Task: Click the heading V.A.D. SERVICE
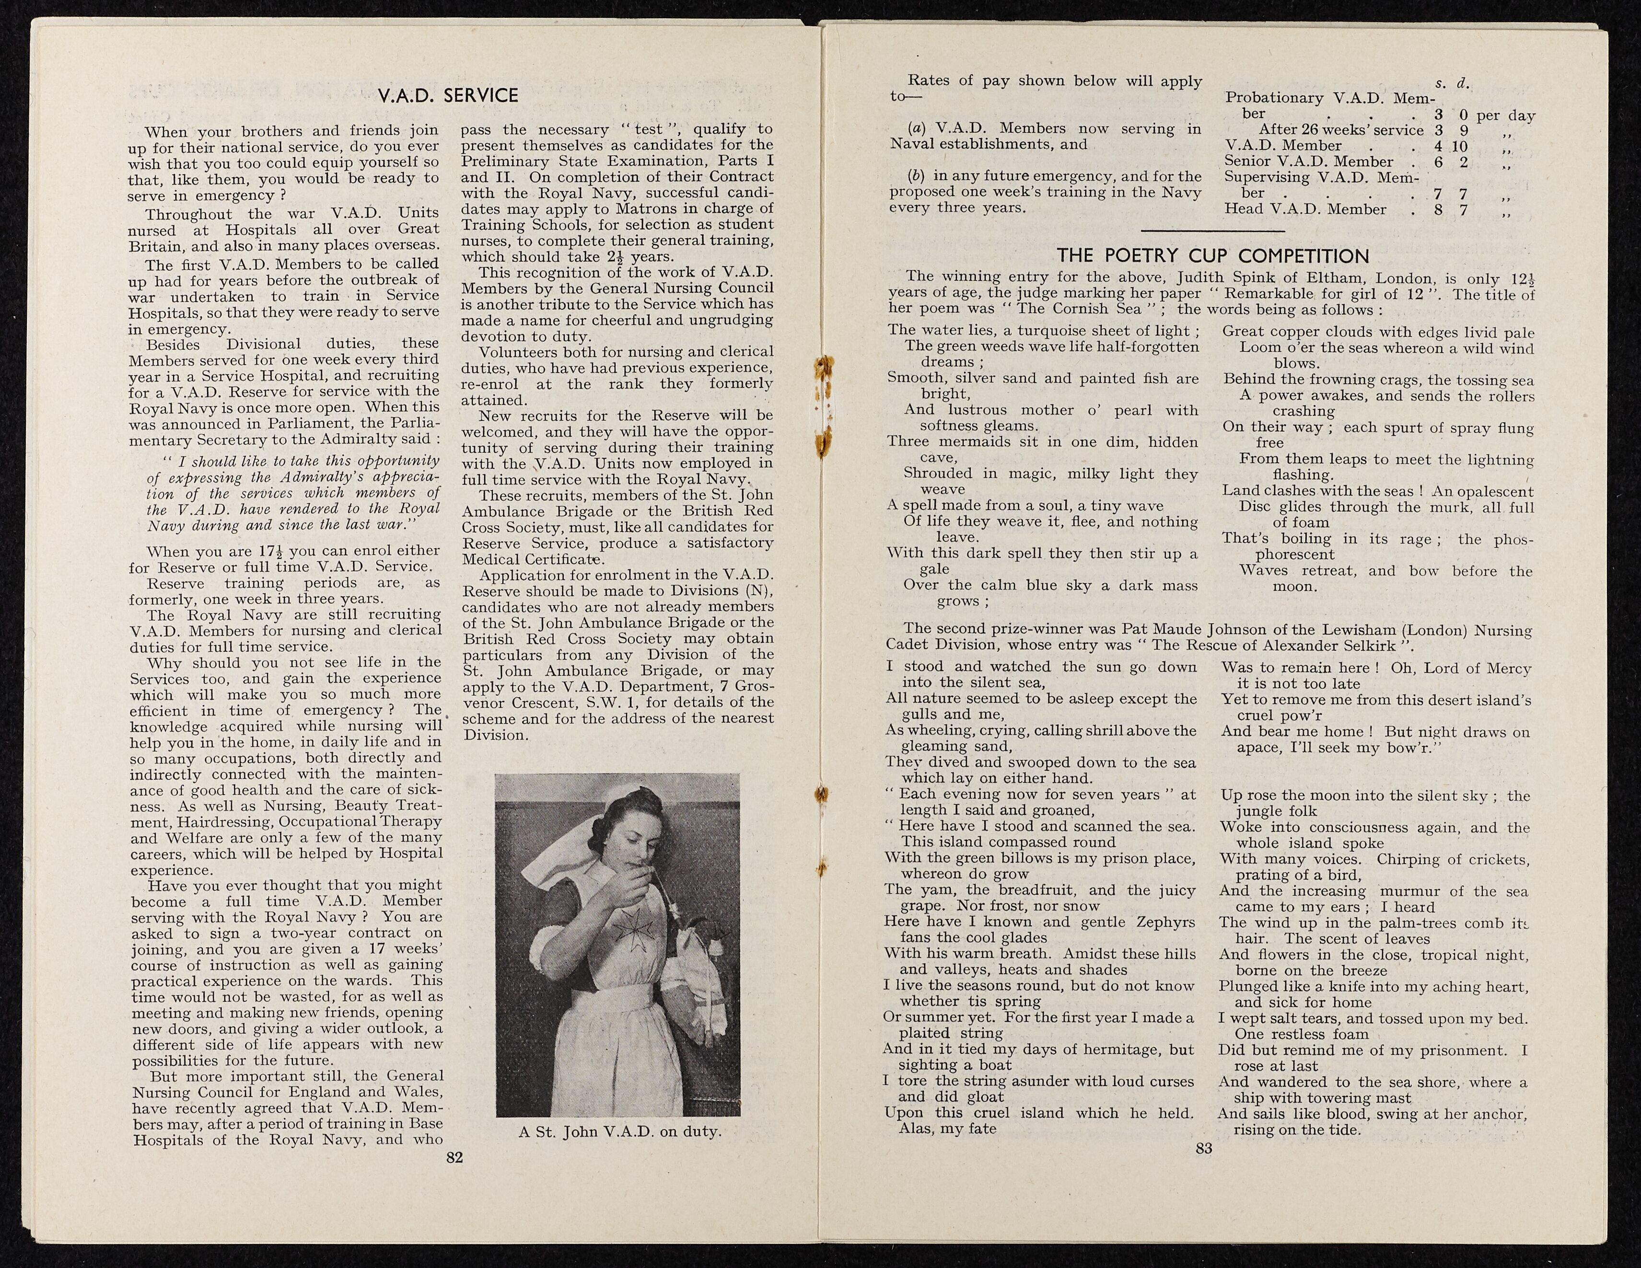[448, 95]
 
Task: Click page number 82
[454, 1158]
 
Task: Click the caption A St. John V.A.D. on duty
[619, 1132]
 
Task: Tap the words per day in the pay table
[1505, 115]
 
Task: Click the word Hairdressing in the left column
[226, 822]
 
